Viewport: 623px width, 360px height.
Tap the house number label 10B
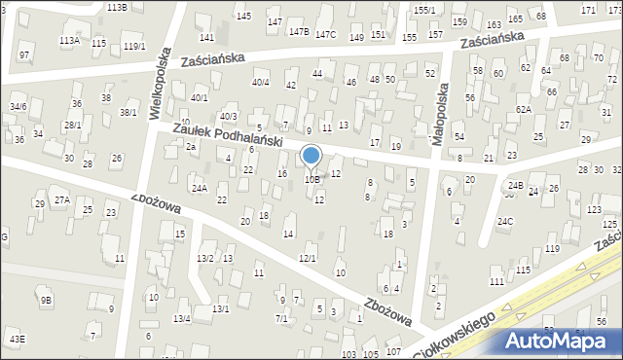[x=311, y=179]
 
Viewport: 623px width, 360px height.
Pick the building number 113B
[x=117, y=7]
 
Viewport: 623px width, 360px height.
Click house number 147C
[x=325, y=35]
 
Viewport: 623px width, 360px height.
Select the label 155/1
[x=423, y=10]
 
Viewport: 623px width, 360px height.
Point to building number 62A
[x=524, y=110]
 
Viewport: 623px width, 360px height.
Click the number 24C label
[x=505, y=221]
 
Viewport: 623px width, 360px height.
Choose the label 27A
[x=61, y=199]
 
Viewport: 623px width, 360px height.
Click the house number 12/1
[x=307, y=258]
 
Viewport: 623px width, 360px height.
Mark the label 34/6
[x=18, y=106]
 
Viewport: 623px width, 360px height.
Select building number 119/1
[x=134, y=47]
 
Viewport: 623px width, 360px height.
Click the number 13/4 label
[x=181, y=318]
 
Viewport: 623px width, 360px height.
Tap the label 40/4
[x=260, y=82]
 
